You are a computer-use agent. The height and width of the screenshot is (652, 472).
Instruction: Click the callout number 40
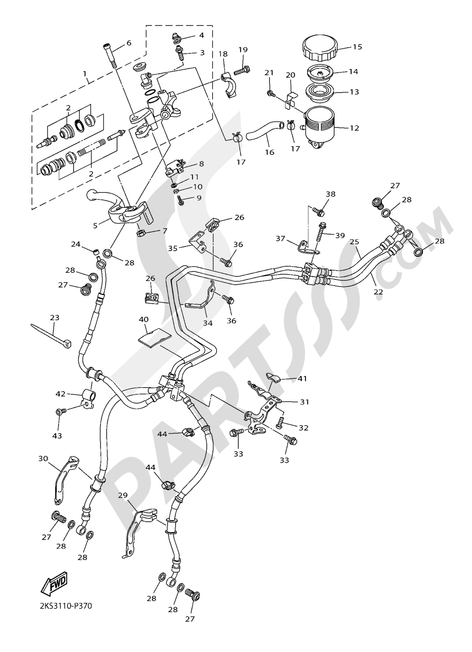(x=143, y=320)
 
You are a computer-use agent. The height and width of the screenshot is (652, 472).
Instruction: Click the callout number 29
(x=123, y=495)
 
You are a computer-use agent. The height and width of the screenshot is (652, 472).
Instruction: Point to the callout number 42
(x=60, y=394)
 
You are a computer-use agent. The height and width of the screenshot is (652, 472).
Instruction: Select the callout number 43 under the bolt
(x=57, y=435)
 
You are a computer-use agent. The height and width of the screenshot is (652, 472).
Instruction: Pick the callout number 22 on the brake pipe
(x=378, y=292)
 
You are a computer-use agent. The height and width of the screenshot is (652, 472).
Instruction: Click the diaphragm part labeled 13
(x=320, y=92)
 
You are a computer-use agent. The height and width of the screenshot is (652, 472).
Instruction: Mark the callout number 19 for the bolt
(x=243, y=50)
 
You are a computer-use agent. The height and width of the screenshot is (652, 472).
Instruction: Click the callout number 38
(x=330, y=194)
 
